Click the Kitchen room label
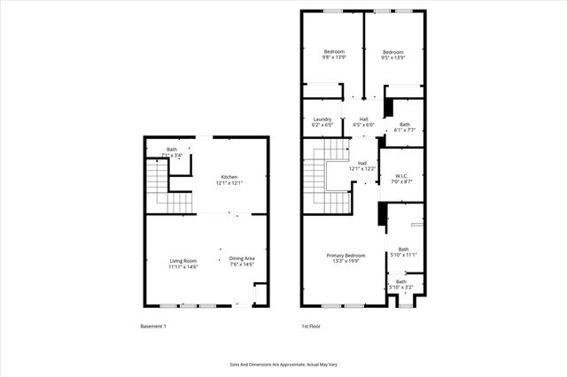coord(229,177)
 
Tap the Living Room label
coord(183,259)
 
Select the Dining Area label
coord(242,258)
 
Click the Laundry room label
coord(322,119)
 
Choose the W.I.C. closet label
coord(401,176)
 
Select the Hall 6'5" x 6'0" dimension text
coord(363,125)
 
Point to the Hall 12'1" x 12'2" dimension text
coord(362,168)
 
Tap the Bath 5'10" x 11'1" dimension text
coord(403,255)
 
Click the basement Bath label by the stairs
coord(172,150)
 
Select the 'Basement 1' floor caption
coord(153,327)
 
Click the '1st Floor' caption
coord(310,327)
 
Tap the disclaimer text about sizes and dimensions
coord(283,364)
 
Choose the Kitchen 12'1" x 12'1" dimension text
coord(229,183)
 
